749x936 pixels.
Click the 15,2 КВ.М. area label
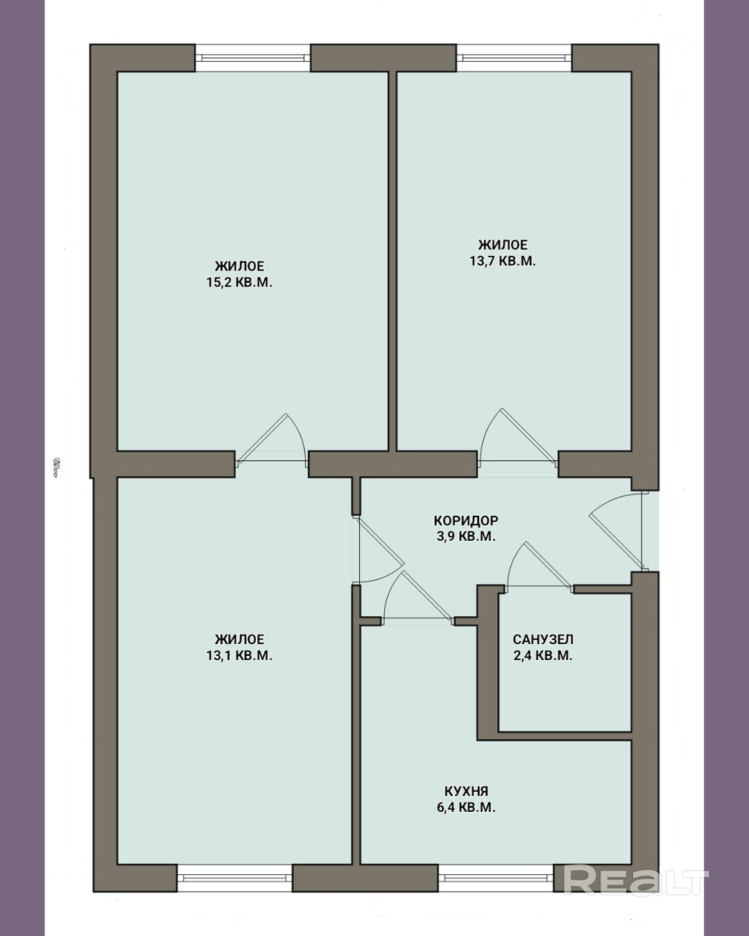pos(239,282)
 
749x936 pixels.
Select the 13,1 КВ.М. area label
pos(239,655)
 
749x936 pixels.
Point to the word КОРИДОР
pos(466,520)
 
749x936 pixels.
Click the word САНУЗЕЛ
pos(543,639)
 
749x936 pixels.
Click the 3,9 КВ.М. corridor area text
pos(466,536)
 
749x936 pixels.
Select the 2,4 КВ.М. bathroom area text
pos(543,655)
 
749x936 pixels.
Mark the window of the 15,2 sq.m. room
pos(252,58)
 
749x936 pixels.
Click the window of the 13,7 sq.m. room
pos(514,58)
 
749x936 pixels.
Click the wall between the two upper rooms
pos(392,261)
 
